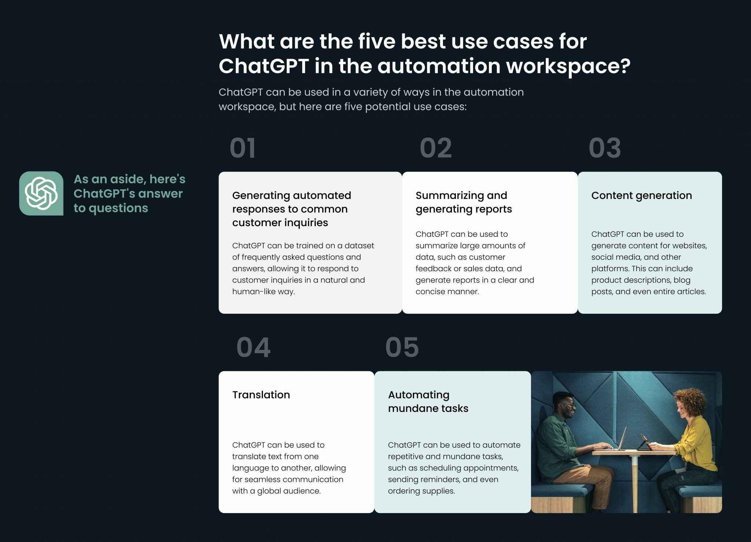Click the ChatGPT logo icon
(x=41, y=193)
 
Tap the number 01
(x=242, y=148)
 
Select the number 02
(x=436, y=148)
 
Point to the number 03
(x=605, y=148)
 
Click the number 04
(x=253, y=347)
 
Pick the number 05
(x=402, y=347)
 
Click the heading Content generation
(x=641, y=196)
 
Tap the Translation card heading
(x=261, y=395)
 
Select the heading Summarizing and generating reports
(x=464, y=202)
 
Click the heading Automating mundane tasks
(x=428, y=402)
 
